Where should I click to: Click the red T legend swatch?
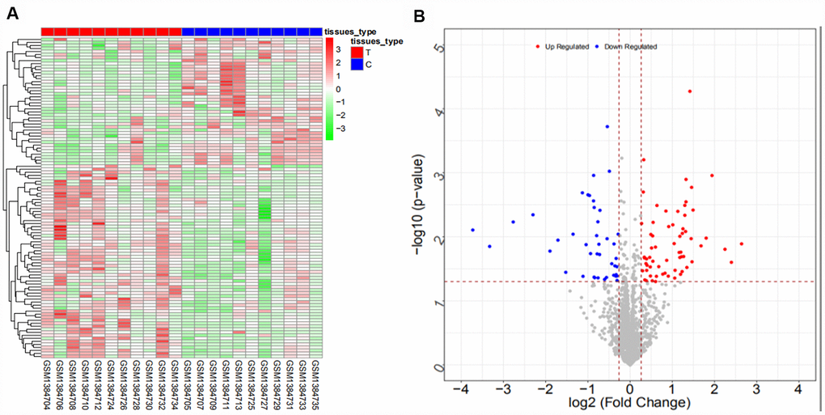[x=356, y=52]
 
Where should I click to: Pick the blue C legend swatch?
[x=356, y=64]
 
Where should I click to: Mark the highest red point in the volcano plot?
[x=690, y=91]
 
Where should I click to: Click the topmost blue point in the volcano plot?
[x=607, y=127]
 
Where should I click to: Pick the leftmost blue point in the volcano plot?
[x=473, y=230]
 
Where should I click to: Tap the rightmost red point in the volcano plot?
[x=741, y=243]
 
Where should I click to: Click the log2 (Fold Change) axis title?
[x=629, y=404]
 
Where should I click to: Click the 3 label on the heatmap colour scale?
[x=339, y=49]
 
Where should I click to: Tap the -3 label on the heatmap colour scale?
[x=341, y=128]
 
